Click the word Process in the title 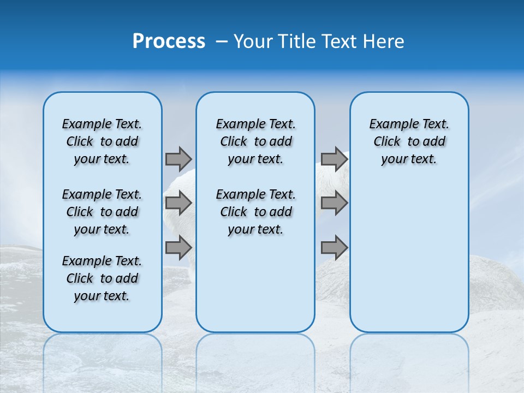point(169,41)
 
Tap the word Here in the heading point(385,41)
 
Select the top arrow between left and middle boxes point(178,159)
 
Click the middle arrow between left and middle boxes point(178,203)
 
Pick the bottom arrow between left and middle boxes point(178,248)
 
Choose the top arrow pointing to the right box point(334,159)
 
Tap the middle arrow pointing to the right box point(334,203)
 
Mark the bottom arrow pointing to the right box point(334,248)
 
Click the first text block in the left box point(102,141)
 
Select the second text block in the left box point(102,212)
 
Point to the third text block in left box point(102,278)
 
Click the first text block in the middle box point(255,141)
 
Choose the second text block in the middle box point(255,212)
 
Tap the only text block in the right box point(409,141)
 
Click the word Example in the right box point(389,124)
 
